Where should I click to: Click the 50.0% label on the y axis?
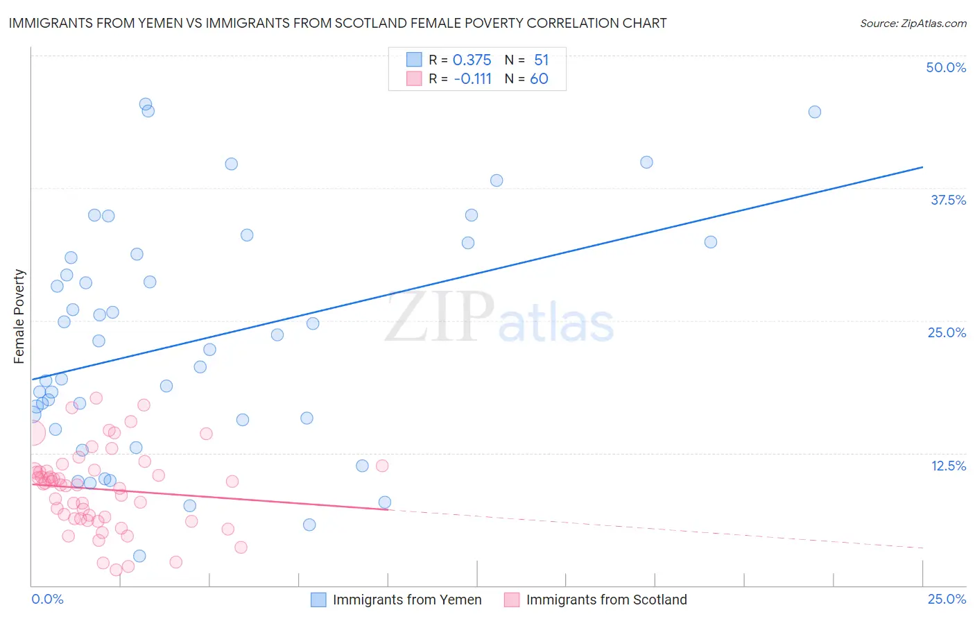pos(946,67)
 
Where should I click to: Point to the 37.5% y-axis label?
pos(948,200)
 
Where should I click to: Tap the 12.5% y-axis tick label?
pos(948,466)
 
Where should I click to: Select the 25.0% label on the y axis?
pos(947,332)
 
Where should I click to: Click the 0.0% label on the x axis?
pos(47,599)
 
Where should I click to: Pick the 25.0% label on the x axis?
pos(947,599)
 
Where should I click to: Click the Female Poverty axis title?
pos(19,316)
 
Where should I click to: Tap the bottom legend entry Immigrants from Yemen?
pos(406,600)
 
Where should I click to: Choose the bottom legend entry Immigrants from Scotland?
pos(606,600)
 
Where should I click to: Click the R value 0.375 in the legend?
pos(472,60)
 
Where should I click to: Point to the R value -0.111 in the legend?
pos(472,79)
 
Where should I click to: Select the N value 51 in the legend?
pos(541,60)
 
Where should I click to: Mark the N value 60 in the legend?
pos(539,79)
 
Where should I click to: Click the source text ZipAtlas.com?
pos(913,24)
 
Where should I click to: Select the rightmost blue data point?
pos(815,112)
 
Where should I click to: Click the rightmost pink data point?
pos(382,466)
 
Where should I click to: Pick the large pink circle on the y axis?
pos(33,433)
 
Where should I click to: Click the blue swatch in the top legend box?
pos(414,60)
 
